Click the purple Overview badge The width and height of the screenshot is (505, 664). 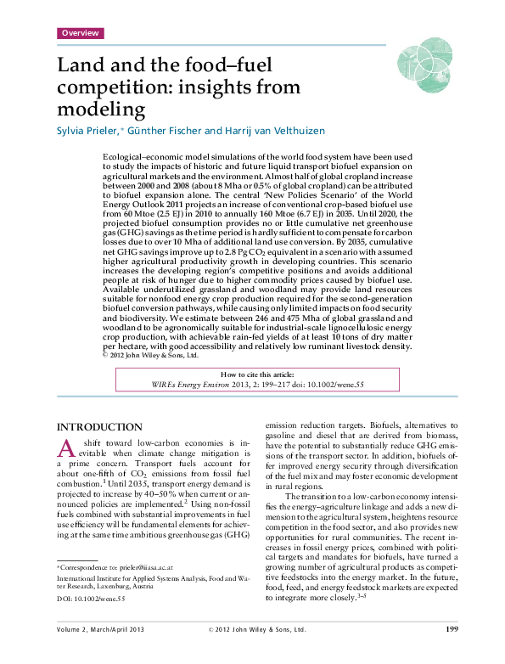(80, 33)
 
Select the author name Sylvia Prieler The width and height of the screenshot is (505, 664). (90, 131)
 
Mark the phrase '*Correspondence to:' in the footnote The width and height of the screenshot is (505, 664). (86, 565)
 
